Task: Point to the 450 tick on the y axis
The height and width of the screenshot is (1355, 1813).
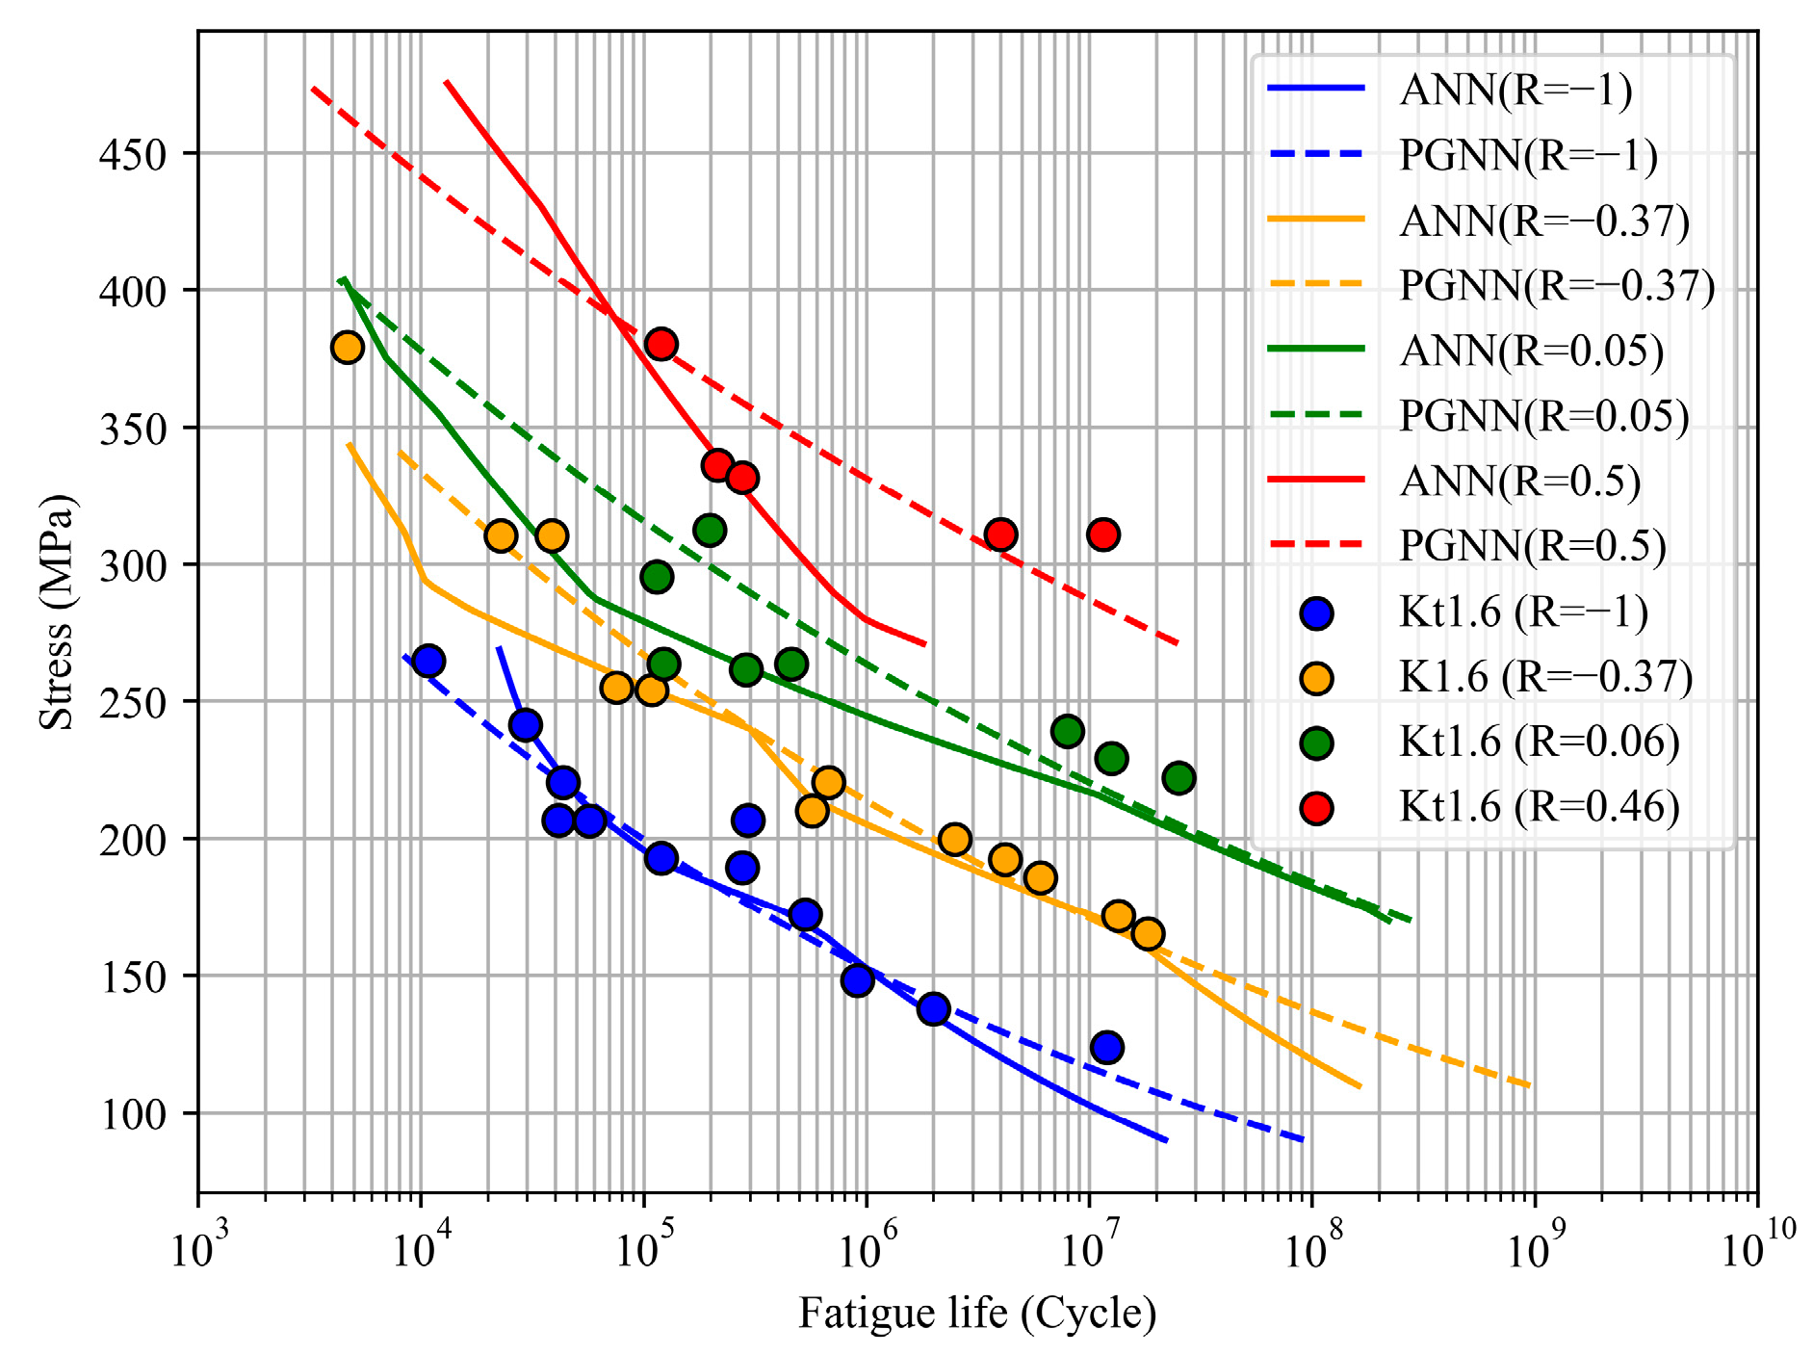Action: [x=133, y=154]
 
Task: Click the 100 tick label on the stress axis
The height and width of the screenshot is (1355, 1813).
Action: [x=133, y=1114]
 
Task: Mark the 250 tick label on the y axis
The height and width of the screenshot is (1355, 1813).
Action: [x=133, y=702]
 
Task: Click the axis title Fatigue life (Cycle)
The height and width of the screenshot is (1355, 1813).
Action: [x=977, y=1314]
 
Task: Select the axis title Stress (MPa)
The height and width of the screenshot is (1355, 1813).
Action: [x=57, y=612]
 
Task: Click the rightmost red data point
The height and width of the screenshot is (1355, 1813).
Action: [x=1103, y=534]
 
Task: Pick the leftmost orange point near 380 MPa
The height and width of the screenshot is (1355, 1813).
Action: [x=347, y=347]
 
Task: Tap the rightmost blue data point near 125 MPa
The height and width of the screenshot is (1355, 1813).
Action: [x=1107, y=1047]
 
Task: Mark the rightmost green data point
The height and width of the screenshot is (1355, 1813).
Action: [x=1178, y=777]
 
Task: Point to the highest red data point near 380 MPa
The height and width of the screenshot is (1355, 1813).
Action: [x=660, y=344]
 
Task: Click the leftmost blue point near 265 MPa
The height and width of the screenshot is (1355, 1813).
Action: [x=428, y=661]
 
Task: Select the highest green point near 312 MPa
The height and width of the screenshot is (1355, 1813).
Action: [x=710, y=530]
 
